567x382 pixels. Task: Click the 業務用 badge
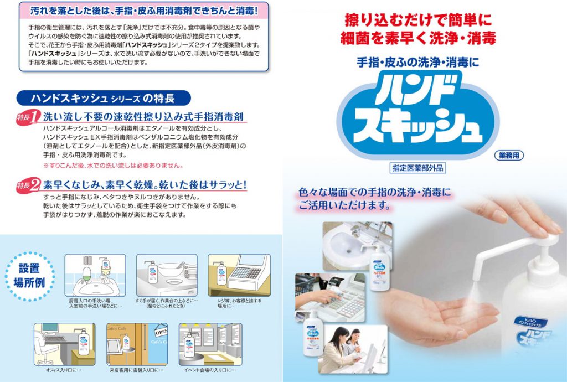[x=507, y=156]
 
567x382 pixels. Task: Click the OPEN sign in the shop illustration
[x=161, y=333]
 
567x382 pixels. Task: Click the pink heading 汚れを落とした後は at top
[x=143, y=10]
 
